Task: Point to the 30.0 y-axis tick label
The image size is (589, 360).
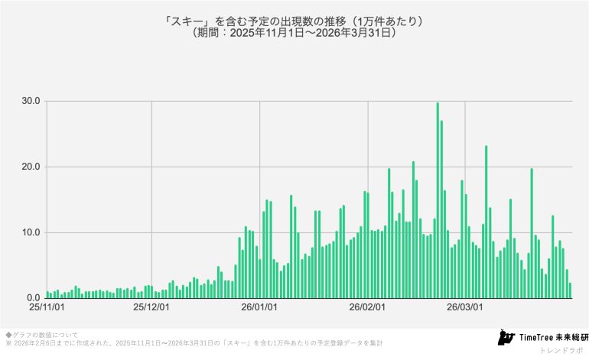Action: click(x=31, y=101)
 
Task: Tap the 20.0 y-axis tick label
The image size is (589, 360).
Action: click(x=31, y=167)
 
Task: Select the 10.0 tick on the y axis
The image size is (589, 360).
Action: click(x=31, y=232)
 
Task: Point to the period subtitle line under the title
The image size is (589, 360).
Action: click(x=294, y=34)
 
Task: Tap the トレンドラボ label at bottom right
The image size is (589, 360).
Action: click(x=561, y=350)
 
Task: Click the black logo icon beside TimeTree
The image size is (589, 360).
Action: click(x=505, y=337)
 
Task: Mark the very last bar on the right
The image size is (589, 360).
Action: click(x=570, y=290)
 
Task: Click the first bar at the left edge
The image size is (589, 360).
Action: click(x=47, y=294)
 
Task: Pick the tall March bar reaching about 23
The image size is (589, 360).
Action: click(x=486, y=222)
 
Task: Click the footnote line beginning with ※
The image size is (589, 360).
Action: click(x=191, y=343)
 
